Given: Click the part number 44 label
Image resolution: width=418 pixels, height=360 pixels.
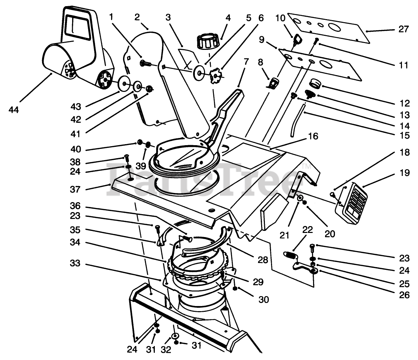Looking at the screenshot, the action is (14, 110).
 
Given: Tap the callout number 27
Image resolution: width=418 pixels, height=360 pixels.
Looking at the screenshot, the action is (404, 29).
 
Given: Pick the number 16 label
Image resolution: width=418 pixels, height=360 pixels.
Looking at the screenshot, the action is (313, 136).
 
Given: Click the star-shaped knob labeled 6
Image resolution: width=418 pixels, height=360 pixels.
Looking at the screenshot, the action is (216, 75).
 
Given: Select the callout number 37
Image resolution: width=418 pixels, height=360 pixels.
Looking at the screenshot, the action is (75, 190).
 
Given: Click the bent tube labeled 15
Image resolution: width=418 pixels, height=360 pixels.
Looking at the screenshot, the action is (298, 121).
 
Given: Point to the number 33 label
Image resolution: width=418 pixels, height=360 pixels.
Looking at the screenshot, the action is (75, 263).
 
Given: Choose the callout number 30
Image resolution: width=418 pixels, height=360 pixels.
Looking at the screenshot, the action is (264, 300).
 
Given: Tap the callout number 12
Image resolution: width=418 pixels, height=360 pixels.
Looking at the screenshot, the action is (405, 103).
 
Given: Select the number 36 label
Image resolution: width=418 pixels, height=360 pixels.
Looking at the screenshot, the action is (75, 206).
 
